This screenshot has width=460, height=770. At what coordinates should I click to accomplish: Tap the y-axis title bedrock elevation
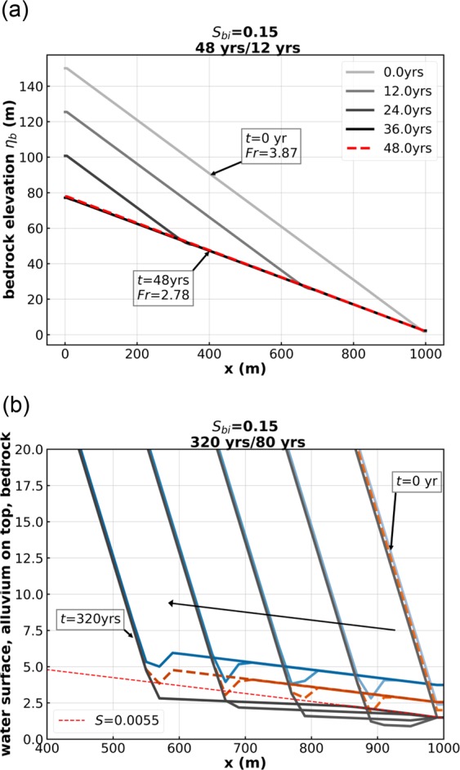coord(11,196)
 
